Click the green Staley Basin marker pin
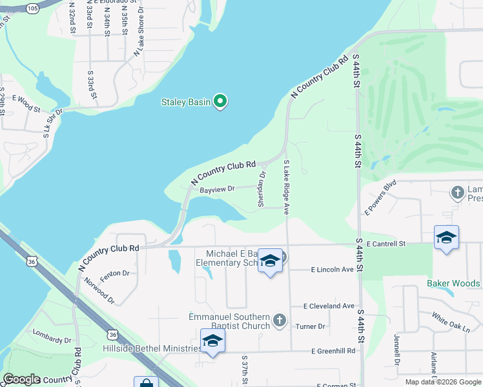point(220,102)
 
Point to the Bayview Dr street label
point(216,190)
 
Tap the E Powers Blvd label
point(380,199)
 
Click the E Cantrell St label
point(385,244)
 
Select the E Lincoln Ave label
point(332,270)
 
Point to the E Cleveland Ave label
point(331,306)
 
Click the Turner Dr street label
point(310,326)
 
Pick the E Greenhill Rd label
point(333,352)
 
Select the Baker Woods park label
point(453,283)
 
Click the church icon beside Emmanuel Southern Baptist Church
point(280,321)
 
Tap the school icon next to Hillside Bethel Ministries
point(212,341)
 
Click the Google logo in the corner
point(21,379)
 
